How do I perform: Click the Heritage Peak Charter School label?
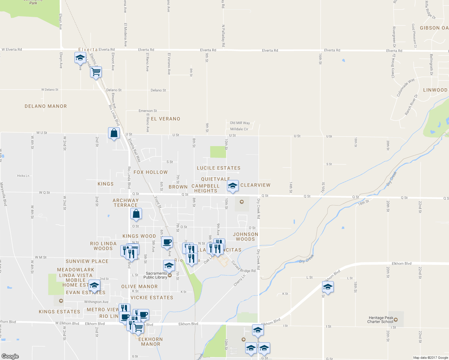[381, 320]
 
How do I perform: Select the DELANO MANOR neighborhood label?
[46, 106]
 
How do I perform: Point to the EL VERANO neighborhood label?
[165, 119]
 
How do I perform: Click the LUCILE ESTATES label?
[218, 168]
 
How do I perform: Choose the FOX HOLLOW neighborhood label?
[150, 172]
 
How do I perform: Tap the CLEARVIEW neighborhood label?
[255, 185]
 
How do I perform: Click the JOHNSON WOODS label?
[246, 237]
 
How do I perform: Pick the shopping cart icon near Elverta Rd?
[96, 72]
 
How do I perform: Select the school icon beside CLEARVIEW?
[233, 186]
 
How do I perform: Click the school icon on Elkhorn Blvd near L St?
[328, 287]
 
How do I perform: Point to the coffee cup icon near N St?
[167, 242]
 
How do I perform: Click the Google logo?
[10, 356]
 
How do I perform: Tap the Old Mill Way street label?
[240, 123]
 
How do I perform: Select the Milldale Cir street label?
[239, 129]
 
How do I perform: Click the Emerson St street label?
[148, 111]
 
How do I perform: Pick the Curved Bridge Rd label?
[243, 267]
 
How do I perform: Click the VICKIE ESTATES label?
[152, 298]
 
